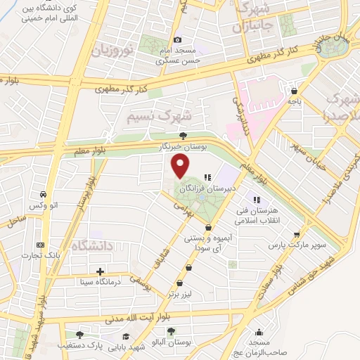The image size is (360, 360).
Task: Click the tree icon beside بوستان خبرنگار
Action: coord(184,135)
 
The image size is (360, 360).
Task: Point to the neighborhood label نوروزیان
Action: coord(111,49)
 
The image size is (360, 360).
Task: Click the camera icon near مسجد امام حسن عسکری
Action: coord(177,40)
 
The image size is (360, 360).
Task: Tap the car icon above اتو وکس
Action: coord(44,194)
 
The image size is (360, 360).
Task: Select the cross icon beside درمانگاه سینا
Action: coord(101,271)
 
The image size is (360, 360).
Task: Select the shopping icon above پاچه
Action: coord(294,91)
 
